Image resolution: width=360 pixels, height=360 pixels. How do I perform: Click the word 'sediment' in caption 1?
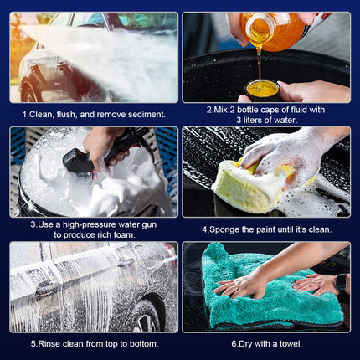[147, 115]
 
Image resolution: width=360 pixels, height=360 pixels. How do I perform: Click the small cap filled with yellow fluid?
[263, 90]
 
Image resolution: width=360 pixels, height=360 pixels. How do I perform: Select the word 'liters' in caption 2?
[255, 121]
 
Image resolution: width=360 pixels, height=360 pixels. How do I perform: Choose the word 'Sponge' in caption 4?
[224, 230]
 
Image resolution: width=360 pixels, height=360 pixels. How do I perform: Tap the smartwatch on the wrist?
[341, 284]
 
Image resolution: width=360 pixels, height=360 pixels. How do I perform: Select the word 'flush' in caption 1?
[66, 115]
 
